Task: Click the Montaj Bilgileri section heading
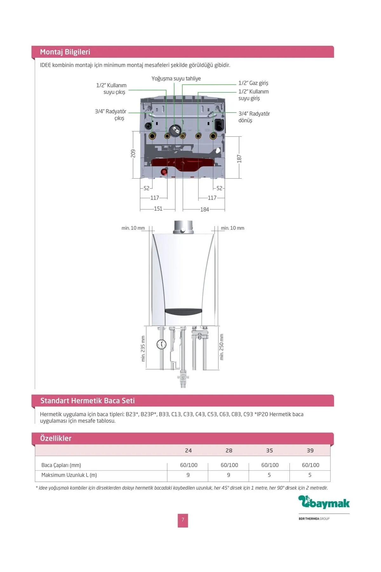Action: [x=65, y=52]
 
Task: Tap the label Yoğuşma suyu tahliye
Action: [x=176, y=78]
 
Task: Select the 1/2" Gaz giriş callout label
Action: [x=253, y=83]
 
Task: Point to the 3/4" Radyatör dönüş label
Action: [x=254, y=117]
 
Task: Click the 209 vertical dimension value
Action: [x=133, y=153]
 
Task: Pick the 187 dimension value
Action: [x=239, y=159]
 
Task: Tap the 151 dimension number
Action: [x=158, y=209]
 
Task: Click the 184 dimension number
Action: [x=205, y=209]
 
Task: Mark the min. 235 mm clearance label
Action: [x=143, y=349]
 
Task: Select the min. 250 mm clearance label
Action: [x=222, y=347]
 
